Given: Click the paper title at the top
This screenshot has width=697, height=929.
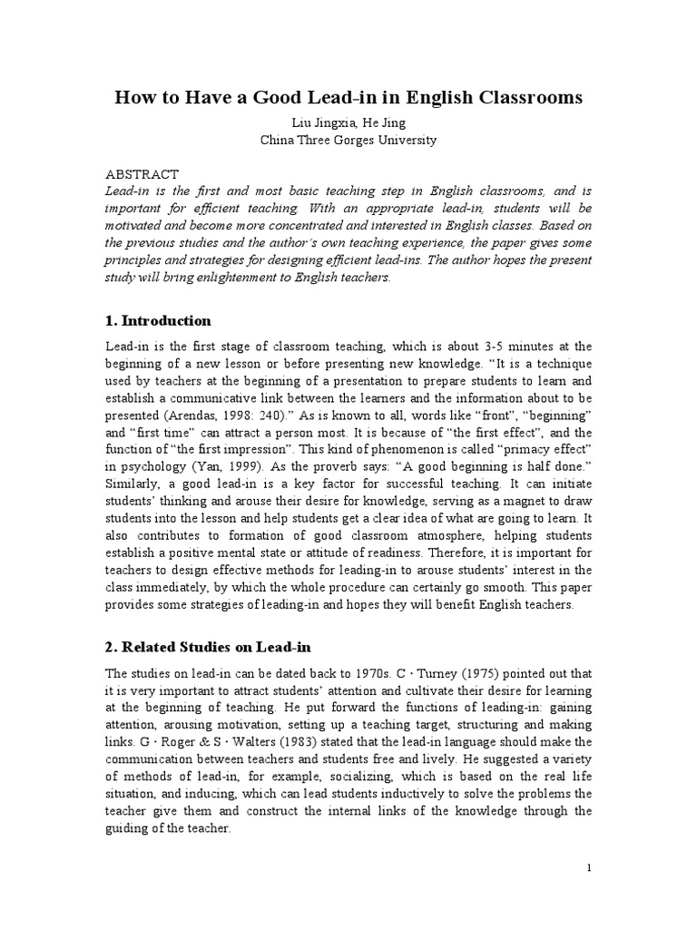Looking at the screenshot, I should point(348,97).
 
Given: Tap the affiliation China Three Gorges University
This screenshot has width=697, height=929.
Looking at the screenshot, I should point(348,141).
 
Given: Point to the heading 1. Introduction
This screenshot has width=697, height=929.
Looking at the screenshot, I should point(159,320).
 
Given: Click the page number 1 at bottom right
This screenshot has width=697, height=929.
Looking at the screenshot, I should point(589,869).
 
